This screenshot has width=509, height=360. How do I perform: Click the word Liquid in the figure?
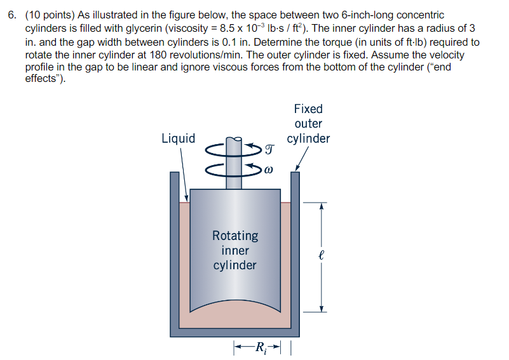(179, 138)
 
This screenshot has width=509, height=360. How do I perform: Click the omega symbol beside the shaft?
(269, 170)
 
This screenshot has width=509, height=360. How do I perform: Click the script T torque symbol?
(269, 150)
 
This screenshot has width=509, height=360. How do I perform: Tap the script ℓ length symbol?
(322, 257)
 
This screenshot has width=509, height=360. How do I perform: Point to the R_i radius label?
(261, 348)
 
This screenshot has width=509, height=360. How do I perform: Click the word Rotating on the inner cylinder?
(235, 236)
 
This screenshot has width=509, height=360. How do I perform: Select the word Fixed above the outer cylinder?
(308, 109)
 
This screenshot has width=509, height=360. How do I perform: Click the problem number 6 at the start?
(11, 15)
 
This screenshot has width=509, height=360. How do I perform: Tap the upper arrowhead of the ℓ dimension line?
(322, 205)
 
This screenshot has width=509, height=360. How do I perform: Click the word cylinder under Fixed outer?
(308, 138)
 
